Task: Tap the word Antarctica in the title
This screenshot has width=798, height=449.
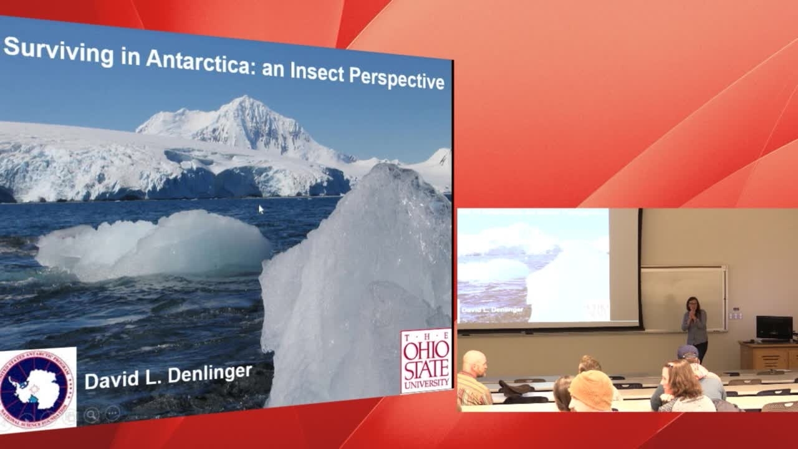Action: [199, 62]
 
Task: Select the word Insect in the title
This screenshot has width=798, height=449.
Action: [314, 71]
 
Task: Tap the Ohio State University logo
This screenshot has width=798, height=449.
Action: [426, 360]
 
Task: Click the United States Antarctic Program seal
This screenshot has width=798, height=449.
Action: [37, 389]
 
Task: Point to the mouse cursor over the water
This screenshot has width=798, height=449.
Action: [261, 208]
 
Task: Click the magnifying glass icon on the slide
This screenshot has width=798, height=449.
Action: [92, 415]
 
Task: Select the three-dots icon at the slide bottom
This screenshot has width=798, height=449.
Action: [112, 413]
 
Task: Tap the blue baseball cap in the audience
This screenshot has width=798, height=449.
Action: [688, 352]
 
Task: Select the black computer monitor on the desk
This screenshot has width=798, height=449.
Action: [774, 327]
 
